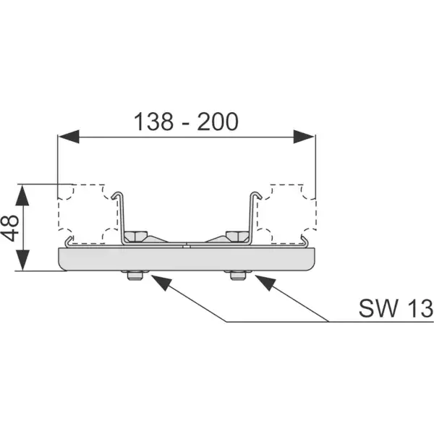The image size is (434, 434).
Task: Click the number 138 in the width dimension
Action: click(153, 122)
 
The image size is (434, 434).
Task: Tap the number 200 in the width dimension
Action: click(218, 122)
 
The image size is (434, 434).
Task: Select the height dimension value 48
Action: click(10, 228)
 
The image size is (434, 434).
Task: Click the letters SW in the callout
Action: click(378, 308)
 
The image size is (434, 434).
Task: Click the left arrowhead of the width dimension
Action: click(69, 137)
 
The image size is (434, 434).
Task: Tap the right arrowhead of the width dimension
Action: click(304, 137)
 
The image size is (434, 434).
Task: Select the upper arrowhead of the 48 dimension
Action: click(22, 195)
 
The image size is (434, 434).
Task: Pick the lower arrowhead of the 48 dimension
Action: click(22, 260)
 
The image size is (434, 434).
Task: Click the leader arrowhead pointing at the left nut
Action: click(161, 282)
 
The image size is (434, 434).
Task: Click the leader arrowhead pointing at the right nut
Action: click(265, 282)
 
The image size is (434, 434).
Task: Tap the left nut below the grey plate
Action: click(135, 275)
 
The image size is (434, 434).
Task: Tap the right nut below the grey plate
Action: click(238, 275)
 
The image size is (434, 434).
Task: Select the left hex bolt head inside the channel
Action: click(135, 236)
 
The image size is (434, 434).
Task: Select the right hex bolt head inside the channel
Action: click(237, 236)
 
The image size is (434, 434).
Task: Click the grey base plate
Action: click(187, 259)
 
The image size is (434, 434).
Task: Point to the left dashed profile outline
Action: click(58, 214)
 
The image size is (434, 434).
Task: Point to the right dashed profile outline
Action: click(316, 214)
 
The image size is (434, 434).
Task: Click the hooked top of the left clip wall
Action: click(117, 195)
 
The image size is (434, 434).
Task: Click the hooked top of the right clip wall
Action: click(256, 195)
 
